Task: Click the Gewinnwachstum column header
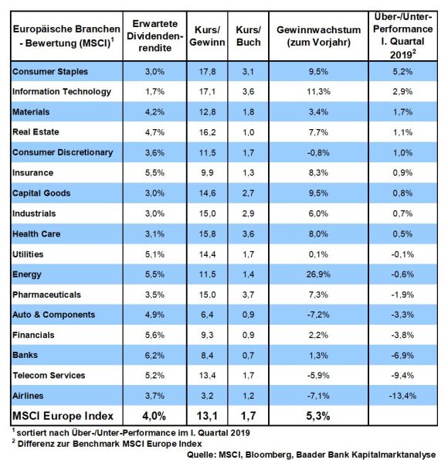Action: pyautogui.click(x=318, y=36)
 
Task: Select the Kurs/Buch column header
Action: pyautogui.click(x=249, y=36)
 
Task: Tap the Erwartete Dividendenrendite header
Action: pyautogui.click(x=154, y=36)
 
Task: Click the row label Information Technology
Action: pyautogui.click(x=62, y=92)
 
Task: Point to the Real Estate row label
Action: pyautogui.click(x=36, y=132)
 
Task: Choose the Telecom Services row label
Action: pyautogui.click(x=49, y=375)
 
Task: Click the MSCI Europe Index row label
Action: pyautogui.click(x=63, y=416)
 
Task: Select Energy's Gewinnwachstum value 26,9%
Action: pyautogui.click(x=318, y=274)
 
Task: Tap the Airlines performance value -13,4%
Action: pyautogui.click(x=402, y=396)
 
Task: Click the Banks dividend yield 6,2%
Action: pyautogui.click(x=154, y=356)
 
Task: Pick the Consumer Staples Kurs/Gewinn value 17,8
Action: pyautogui.click(x=207, y=72)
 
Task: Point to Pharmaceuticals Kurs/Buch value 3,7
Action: pyautogui.click(x=249, y=295)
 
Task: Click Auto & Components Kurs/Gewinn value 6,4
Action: pyautogui.click(x=207, y=315)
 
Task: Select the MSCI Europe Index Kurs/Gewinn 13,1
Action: pyautogui.click(x=207, y=416)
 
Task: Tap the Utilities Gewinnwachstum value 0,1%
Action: pyautogui.click(x=318, y=254)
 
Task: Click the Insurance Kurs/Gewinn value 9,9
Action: pyautogui.click(x=207, y=173)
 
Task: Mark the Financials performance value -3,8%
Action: pyautogui.click(x=402, y=335)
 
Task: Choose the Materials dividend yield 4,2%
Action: pyautogui.click(x=154, y=112)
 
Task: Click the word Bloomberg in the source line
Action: pyautogui.click(x=269, y=455)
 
